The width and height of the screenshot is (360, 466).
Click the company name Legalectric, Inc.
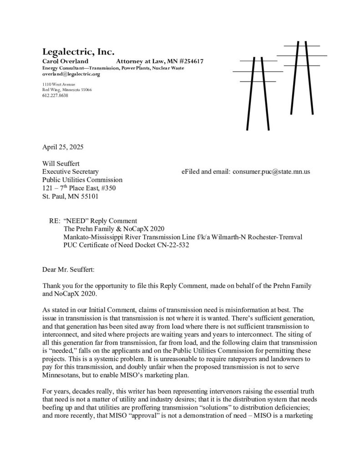[78, 51]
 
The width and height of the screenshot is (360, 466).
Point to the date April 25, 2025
[63, 147]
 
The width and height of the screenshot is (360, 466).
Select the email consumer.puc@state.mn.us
[271, 172]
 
